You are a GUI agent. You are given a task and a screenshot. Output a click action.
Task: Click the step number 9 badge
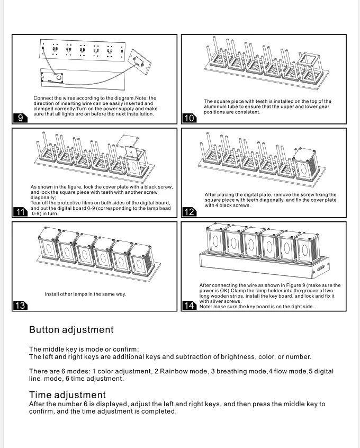(x=20, y=118)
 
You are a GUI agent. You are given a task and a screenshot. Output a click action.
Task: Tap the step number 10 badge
(x=189, y=118)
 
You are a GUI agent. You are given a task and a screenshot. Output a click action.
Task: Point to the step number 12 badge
(x=189, y=212)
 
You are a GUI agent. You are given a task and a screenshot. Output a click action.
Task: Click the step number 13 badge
(x=20, y=306)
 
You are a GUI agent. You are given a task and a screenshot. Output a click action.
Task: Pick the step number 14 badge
(x=189, y=306)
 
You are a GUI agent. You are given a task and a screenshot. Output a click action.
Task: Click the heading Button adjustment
(x=71, y=330)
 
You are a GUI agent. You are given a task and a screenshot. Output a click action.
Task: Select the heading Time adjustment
(x=67, y=395)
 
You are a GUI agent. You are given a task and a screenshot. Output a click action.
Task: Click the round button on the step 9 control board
(x=58, y=78)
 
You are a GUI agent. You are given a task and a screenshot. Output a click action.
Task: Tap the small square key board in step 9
(x=140, y=59)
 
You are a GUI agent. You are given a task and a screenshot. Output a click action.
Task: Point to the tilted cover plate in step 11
(x=127, y=142)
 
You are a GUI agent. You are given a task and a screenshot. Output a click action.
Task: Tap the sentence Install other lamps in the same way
(x=85, y=294)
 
